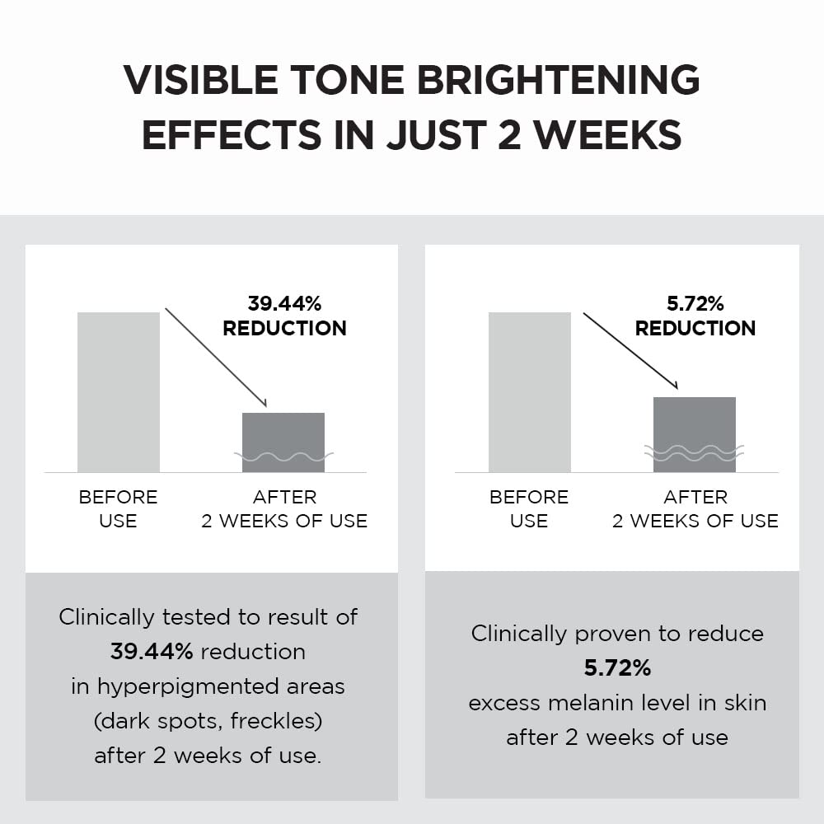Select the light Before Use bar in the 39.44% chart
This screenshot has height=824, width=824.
pyautogui.click(x=118, y=391)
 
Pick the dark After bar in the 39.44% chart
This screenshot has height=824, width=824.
pyautogui.click(x=283, y=442)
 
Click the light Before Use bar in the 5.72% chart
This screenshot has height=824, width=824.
pyautogui.click(x=529, y=391)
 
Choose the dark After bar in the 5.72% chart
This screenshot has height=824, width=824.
pyautogui.click(x=694, y=434)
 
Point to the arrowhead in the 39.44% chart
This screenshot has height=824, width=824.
pyautogui.click(x=264, y=403)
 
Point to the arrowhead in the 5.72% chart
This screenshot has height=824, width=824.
pyautogui.click(x=674, y=386)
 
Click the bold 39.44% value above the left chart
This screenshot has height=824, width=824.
pyautogui.click(x=284, y=303)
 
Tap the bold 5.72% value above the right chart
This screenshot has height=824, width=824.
pyautogui.click(x=695, y=303)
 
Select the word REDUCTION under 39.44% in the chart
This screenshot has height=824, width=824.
pyautogui.click(x=284, y=328)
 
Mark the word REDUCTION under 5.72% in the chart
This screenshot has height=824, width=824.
pyautogui.click(x=695, y=328)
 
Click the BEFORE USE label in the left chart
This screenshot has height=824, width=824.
pyautogui.click(x=118, y=508)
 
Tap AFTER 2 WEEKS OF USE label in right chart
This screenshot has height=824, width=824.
pyautogui.click(x=695, y=508)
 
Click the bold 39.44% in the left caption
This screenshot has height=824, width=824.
pyautogui.click(x=152, y=652)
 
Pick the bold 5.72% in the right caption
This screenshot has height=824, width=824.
pyautogui.click(x=617, y=668)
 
